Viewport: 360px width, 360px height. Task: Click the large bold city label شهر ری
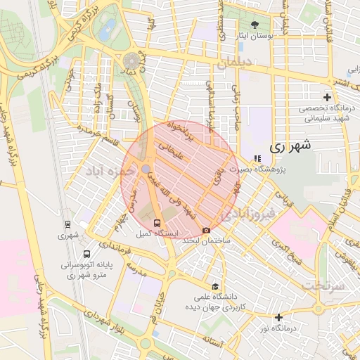tap(290, 147)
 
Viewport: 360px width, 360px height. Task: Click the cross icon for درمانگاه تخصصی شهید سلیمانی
tap(326, 97)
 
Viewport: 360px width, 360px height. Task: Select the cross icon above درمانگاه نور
tap(279, 318)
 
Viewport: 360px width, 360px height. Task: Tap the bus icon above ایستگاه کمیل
tap(156, 224)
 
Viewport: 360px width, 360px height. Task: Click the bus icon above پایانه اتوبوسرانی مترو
tap(86, 255)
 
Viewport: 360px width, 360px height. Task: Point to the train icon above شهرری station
tap(67, 225)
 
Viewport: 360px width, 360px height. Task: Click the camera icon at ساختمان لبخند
tap(205, 231)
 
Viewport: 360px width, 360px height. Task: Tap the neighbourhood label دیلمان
tap(236, 63)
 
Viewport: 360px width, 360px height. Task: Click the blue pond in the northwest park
tap(107, 30)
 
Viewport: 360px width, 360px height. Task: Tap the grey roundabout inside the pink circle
tap(145, 169)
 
